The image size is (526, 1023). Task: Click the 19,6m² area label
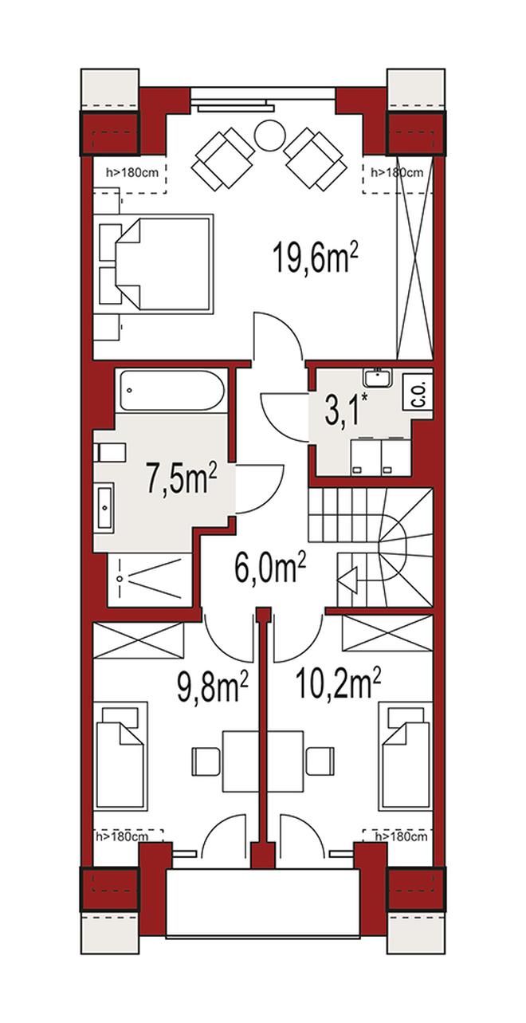coord(314,259)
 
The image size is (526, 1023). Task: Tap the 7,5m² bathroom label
coord(183,479)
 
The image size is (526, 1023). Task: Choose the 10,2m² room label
coord(339,684)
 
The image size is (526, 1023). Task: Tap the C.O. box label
coord(422,393)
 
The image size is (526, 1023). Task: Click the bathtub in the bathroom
coord(171,391)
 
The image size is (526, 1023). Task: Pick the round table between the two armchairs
coord(269,134)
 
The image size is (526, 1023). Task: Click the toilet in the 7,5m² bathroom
coord(108,452)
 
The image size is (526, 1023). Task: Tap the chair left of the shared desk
coord(206,761)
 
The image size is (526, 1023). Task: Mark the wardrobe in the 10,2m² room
coord(387,633)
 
